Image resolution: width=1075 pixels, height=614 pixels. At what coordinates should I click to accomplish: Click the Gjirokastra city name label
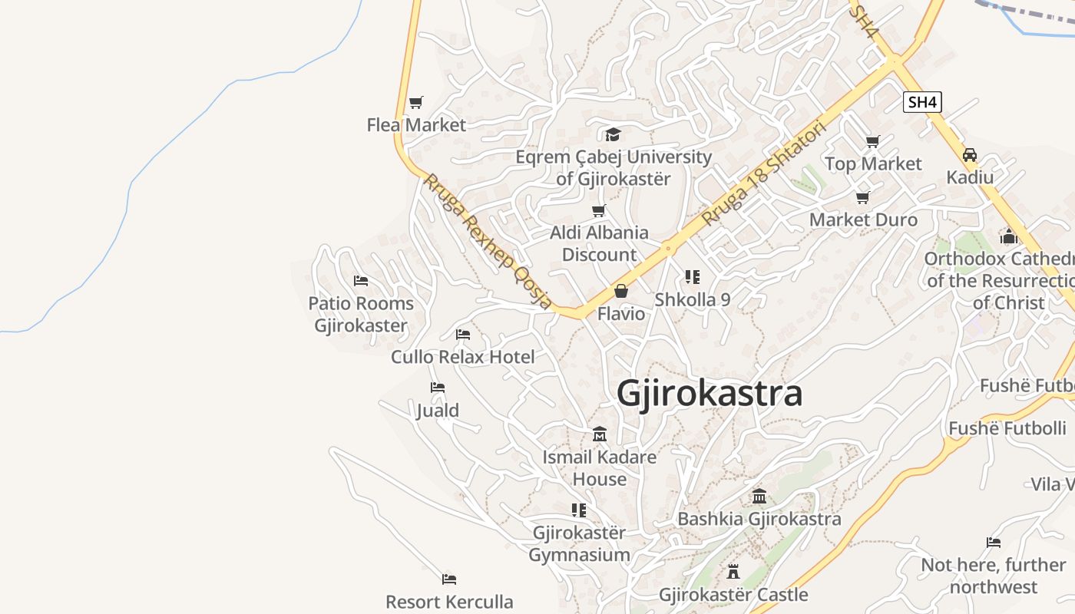click(709, 394)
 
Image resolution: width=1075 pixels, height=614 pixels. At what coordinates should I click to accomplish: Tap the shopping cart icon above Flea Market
click(416, 102)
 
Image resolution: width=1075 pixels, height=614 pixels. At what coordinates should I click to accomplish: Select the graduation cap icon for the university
click(613, 135)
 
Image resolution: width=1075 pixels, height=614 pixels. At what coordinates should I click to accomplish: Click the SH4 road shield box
click(921, 102)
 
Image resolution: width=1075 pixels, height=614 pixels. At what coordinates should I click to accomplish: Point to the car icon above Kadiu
click(970, 155)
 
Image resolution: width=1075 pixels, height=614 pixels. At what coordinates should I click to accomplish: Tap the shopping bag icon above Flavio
click(621, 292)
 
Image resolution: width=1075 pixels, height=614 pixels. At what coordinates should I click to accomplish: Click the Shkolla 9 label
click(692, 299)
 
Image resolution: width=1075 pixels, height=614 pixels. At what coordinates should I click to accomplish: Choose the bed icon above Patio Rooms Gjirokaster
click(361, 281)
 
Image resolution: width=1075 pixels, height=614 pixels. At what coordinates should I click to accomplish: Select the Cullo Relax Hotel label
click(463, 357)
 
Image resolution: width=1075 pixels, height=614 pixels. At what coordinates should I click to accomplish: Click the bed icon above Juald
click(438, 388)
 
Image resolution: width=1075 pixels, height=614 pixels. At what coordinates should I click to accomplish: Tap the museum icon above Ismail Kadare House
click(600, 434)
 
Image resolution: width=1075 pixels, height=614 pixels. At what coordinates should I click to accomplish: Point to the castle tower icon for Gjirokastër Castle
click(733, 572)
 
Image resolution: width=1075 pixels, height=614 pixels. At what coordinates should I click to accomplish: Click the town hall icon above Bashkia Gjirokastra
click(759, 496)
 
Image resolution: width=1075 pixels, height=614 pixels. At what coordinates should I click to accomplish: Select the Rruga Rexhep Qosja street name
click(488, 242)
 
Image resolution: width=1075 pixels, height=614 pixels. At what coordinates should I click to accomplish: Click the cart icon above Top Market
click(872, 141)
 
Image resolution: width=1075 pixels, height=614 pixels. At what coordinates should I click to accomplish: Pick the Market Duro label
click(863, 220)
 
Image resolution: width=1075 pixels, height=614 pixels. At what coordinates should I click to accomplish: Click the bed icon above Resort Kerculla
click(449, 579)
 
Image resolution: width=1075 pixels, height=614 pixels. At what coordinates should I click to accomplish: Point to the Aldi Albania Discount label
click(599, 243)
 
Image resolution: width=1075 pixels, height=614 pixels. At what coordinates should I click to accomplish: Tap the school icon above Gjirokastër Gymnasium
click(579, 510)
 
